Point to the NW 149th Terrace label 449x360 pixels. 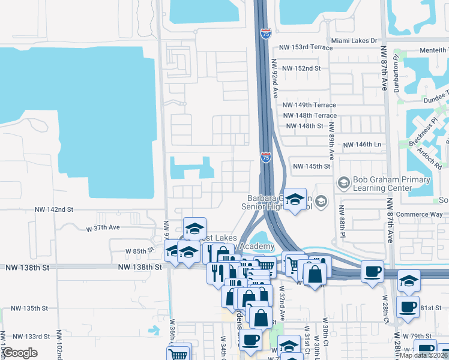pos(309,104)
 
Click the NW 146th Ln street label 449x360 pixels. pos(362,145)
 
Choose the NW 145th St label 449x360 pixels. pos(312,166)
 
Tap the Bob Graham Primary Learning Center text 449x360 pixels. pos(391,184)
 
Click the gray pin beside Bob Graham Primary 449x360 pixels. pos(344,181)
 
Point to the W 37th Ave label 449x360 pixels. pos(103,228)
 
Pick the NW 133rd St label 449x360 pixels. pos(30,337)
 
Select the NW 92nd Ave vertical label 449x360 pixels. pos(276,78)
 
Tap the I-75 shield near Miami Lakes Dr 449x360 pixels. pos(265,34)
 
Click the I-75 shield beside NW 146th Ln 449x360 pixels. pos(266,157)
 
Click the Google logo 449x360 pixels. pos(20,353)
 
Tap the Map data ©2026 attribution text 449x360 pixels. pos(424,355)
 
